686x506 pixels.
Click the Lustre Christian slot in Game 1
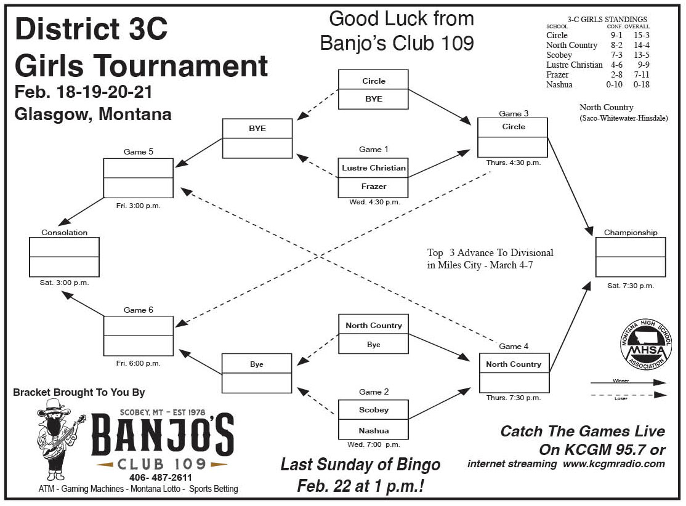click(x=373, y=168)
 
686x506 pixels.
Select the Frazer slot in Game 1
click(x=373, y=187)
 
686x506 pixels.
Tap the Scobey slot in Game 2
click(x=373, y=410)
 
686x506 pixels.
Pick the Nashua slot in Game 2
click(x=373, y=430)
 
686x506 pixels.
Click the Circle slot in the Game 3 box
click(x=513, y=127)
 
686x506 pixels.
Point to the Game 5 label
click(x=138, y=151)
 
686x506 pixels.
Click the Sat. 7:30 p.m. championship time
click(x=630, y=286)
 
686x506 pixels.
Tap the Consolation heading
click(x=64, y=233)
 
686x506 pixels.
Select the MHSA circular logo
click(x=643, y=348)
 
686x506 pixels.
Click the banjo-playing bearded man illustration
click(x=59, y=439)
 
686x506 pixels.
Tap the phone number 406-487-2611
click(x=161, y=478)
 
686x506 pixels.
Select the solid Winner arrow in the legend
click(x=634, y=383)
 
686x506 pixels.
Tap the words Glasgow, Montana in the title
click(x=93, y=114)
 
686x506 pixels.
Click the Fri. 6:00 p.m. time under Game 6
click(x=138, y=363)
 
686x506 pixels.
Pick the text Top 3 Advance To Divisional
click(x=490, y=252)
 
